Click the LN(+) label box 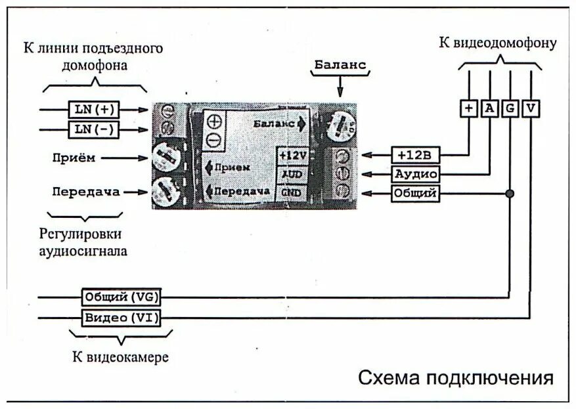pos(93,108)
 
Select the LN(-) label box pos(93,129)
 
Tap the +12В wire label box pos(415,155)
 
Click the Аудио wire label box pos(415,174)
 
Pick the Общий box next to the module pos(415,194)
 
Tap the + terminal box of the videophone pos(468,108)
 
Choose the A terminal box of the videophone pos(489,108)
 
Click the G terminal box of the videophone pos(510,108)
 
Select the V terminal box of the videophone pos(531,108)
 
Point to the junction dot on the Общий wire pos(510,194)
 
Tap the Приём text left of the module pos(74,158)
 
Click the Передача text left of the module pos(86,192)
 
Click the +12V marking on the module pos(292,155)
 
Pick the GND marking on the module pos(291,192)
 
